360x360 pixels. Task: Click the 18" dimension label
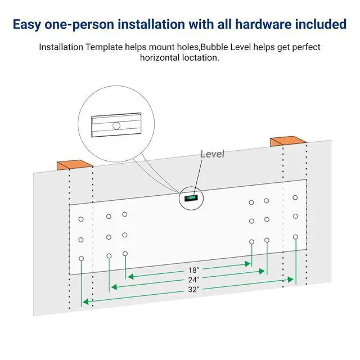tap(193, 270)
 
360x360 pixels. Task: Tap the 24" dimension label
tap(193, 280)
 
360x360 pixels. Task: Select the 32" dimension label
tap(193, 290)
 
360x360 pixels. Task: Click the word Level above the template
tap(212, 154)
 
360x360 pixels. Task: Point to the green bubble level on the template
tap(191, 198)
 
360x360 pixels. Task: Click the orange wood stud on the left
tap(75, 165)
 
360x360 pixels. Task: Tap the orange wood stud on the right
tap(288, 141)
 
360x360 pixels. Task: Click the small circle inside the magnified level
tap(116, 126)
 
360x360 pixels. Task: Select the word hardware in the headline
tap(263, 24)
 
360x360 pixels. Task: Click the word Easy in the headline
tap(26, 25)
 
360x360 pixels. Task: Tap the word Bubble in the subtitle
tap(214, 47)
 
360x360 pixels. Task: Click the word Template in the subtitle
tap(104, 47)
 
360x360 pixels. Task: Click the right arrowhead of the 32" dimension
tap(291, 280)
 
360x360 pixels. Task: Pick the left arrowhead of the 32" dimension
tap(85, 301)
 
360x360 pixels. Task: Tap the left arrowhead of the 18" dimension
tap(130, 277)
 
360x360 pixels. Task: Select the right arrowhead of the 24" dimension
tap(262, 271)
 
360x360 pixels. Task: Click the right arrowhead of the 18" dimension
tap(247, 264)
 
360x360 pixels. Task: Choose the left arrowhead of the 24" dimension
tap(114, 287)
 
